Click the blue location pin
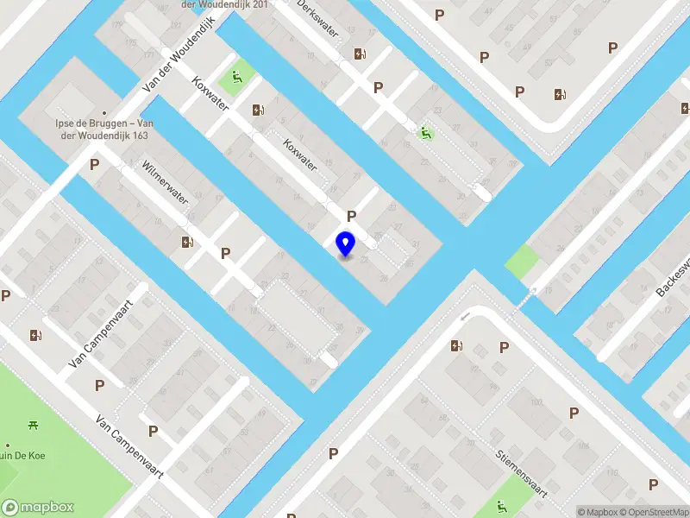click(345, 244)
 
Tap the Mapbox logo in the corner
click(38, 508)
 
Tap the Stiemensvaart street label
click(522, 472)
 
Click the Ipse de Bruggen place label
click(104, 129)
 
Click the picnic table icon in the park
click(33, 424)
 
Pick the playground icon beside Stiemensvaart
click(502, 506)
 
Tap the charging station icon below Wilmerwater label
click(187, 243)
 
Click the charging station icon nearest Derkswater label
click(360, 54)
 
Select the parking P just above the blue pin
click(351, 216)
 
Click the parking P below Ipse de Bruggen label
click(94, 164)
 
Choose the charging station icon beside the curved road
click(455, 346)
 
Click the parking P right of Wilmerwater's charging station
click(225, 253)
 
